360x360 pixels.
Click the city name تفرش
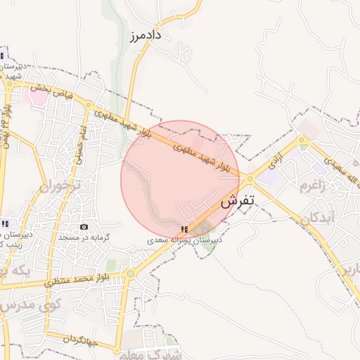coord(237,202)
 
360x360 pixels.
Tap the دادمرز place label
coord(146,34)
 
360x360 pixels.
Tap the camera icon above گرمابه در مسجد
coord(84,226)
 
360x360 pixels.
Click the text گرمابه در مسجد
coord(84,238)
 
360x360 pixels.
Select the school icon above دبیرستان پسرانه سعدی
coord(184,229)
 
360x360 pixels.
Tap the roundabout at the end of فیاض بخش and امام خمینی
coord(89,106)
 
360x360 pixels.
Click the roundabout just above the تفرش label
coord(250,179)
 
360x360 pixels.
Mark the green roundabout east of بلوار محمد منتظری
coord(130,274)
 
